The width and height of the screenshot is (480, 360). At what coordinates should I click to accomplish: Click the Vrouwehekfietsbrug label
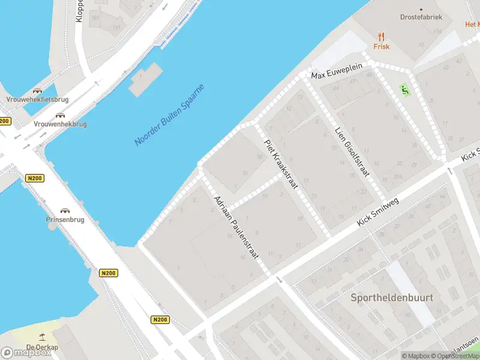click(x=37, y=99)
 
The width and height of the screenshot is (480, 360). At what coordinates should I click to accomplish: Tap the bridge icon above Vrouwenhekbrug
click(x=60, y=115)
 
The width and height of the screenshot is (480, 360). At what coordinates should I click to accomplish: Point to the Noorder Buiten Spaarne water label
click(x=169, y=115)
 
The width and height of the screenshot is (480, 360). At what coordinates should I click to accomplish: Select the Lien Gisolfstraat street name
click(x=352, y=151)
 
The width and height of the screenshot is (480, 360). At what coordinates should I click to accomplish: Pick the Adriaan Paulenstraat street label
click(x=236, y=227)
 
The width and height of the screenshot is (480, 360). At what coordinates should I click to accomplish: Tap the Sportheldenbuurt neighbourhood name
click(x=392, y=298)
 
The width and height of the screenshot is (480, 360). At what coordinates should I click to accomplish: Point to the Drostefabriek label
click(x=421, y=17)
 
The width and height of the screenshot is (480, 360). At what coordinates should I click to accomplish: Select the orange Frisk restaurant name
click(x=381, y=46)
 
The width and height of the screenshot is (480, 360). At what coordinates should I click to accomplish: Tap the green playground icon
click(x=404, y=90)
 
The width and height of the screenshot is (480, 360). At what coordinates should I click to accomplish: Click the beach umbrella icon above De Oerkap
click(x=42, y=338)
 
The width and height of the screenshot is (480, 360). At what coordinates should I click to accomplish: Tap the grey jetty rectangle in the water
click(x=145, y=79)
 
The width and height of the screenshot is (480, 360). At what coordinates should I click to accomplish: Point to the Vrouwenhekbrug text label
click(x=60, y=124)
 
